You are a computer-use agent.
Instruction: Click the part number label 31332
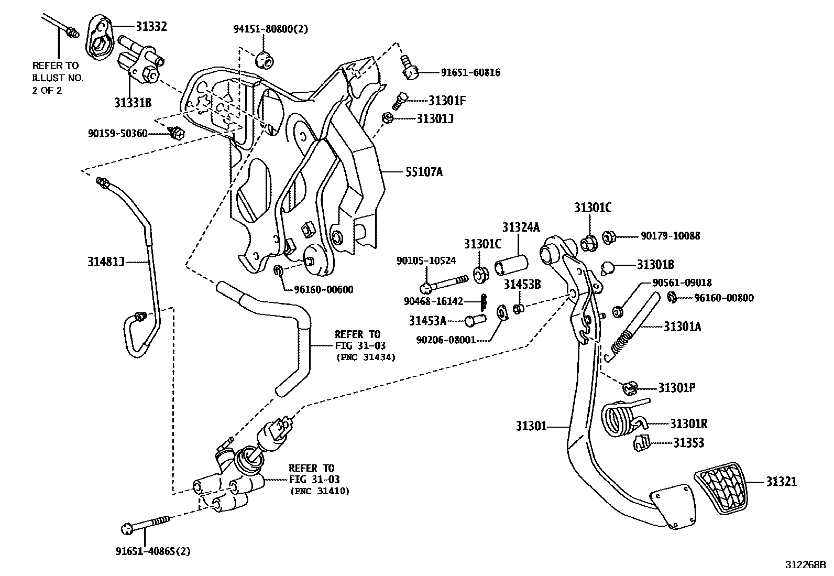pyautogui.click(x=151, y=26)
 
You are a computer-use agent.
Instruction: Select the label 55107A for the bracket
pyautogui.click(x=423, y=171)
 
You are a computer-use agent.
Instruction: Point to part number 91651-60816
pyautogui.click(x=470, y=73)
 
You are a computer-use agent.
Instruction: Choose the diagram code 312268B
pyautogui.click(x=805, y=565)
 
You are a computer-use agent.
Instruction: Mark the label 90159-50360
pyautogui.click(x=117, y=134)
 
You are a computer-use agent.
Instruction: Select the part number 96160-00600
pyautogui.click(x=323, y=290)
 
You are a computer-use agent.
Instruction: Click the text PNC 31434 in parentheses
pyautogui.click(x=365, y=357)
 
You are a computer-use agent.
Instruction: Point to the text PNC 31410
pyautogui.click(x=319, y=491)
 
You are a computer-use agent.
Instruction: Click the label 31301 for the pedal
pyautogui.click(x=530, y=427)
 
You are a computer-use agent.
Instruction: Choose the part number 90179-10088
pyautogui.click(x=670, y=236)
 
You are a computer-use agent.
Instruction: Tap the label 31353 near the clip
pyautogui.click(x=688, y=443)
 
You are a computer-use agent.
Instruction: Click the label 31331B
pyautogui.click(x=133, y=103)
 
